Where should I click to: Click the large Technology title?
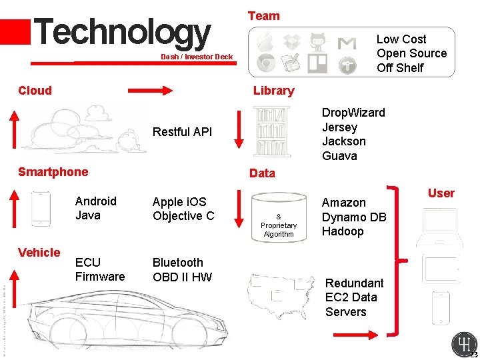(x=121, y=32)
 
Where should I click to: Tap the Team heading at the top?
(x=264, y=15)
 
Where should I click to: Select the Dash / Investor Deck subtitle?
(x=197, y=57)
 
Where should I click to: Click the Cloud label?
(x=35, y=91)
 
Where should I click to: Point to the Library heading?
(x=273, y=91)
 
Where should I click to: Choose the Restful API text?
(x=182, y=132)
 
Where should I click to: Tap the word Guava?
(x=339, y=156)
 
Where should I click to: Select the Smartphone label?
(x=53, y=172)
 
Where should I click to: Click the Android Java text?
(x=96, y=208)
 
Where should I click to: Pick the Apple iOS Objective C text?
(x=183, y=209)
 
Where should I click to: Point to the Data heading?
(x=262, y=173)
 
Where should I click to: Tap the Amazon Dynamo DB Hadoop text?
(x=354, y=217)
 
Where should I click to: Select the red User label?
(x=441, y=193)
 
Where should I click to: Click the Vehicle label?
(x=39, y=252)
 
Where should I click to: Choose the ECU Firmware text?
(x=100, y=269)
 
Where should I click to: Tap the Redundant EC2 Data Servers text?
(x=354, y=297)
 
